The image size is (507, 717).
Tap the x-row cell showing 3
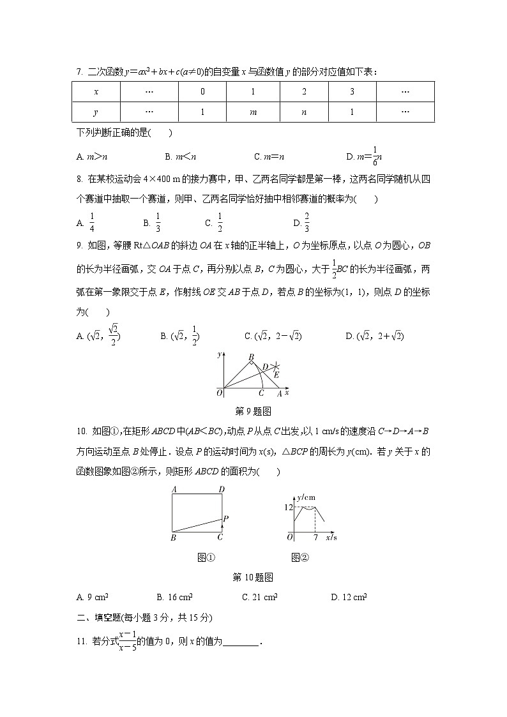352,91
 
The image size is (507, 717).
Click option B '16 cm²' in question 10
174,598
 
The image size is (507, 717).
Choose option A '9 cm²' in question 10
92,598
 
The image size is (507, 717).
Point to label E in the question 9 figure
276,375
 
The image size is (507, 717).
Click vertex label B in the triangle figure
252,356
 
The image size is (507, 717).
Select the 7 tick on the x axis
315,538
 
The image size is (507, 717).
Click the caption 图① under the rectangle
206,557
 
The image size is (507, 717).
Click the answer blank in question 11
241,640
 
